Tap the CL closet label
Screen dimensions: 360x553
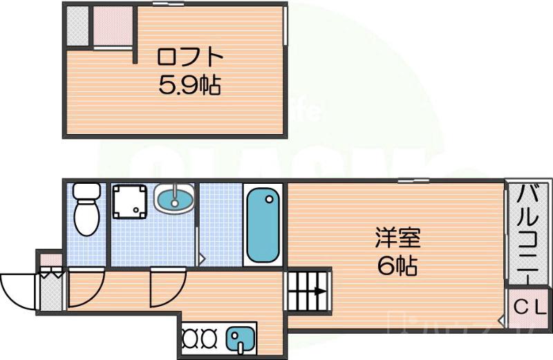coord(529,304)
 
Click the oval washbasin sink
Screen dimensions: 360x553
coord(174,200)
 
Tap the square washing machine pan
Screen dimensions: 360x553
coord(131,201)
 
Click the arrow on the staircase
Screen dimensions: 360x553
coord(320,291)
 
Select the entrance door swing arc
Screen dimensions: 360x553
coord(17,290)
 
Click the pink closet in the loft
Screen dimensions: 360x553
coord(113,26)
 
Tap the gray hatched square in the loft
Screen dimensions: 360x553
coord(77,26)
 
